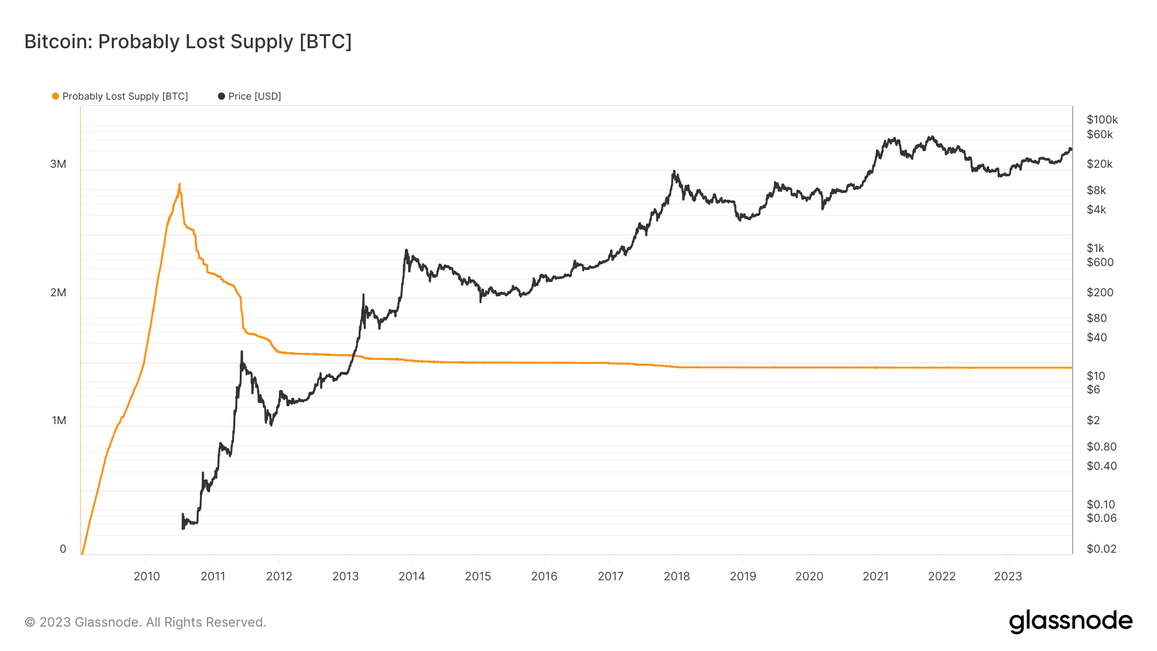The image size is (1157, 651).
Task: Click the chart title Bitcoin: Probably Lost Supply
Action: [x=188, y=41]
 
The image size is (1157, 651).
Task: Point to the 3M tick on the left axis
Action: [x=58, y=164]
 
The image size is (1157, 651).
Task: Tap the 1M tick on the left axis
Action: [x=58, y=420]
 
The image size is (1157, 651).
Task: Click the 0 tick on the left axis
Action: [x=62, y=549]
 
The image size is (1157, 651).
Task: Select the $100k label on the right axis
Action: [x=1102, y=120]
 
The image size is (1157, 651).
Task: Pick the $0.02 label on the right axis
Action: [x=1101, y=549]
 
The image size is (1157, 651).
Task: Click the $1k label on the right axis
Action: [x=1095, y=248]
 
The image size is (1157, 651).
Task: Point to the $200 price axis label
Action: [x=1100, y=292]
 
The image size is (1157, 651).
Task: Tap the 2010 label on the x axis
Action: [x=147, y=576]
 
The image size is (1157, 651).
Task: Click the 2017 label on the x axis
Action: [x=610, y=576]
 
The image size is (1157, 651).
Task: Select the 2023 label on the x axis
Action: [x=1007, y=576]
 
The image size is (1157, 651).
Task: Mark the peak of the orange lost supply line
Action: [x=179, y=184]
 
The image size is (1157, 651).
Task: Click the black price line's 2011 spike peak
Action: [x=242, y=352]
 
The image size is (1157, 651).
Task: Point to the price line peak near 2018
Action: [x=674, y=171]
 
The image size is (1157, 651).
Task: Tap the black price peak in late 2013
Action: [x=406, y=250]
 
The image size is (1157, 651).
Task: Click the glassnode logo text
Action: [x=1070, y=621]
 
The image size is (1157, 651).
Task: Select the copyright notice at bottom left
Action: [x=145, y=622]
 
